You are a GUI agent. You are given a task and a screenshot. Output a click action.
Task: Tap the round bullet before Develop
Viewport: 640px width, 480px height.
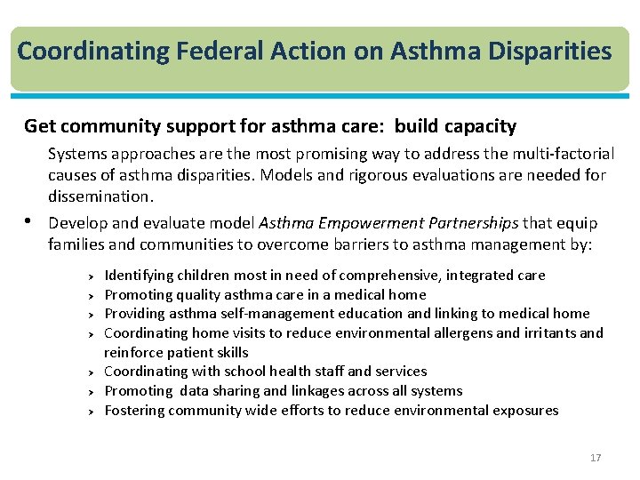pos(31,221)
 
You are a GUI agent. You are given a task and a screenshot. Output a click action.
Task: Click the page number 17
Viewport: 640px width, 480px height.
pos(596,458)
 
